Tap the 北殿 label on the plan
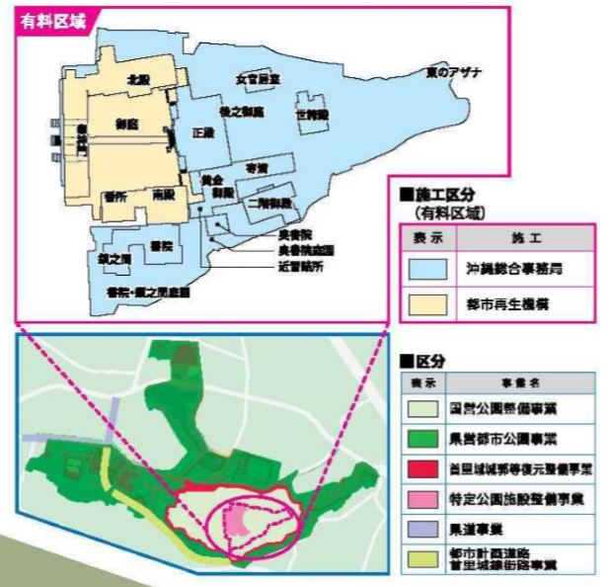tap(138, 76)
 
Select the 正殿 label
tap(203, 131)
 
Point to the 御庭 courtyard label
tap(125, 126)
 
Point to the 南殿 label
tap(165, 197)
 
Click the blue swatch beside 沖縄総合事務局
tap(427, 269)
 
